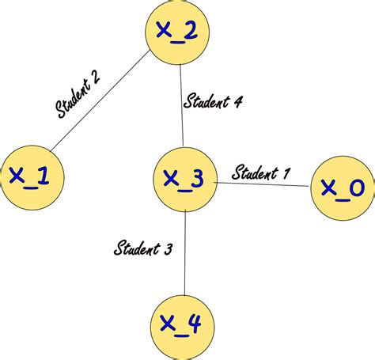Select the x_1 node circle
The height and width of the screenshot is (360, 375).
coord(28,177)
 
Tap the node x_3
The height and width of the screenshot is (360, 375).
coord(184,179)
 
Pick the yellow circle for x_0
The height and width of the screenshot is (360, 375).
coord(342,188)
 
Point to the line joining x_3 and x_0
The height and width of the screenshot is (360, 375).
coord(262,184)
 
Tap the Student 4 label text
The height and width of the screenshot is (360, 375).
coord(213,101)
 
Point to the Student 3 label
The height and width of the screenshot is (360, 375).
coord(143,249)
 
